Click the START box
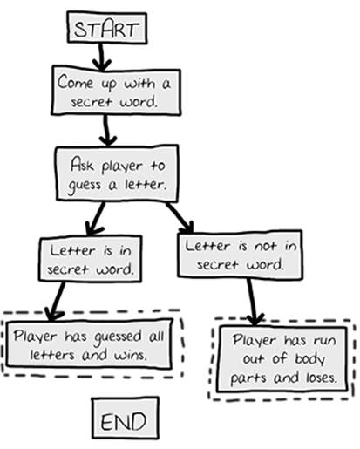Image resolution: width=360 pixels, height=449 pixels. coord(107,28)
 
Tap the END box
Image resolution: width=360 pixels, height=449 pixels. coord(126,418)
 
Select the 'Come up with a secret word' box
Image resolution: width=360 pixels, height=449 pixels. coord(116,92)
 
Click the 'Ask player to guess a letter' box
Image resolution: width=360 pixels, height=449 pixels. coord(117,173)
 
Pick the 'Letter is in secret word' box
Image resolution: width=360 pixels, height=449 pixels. coord(91,259)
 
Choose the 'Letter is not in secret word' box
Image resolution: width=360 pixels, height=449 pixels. coord(240,255)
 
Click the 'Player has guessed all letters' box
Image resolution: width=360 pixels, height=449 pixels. coord(89,344)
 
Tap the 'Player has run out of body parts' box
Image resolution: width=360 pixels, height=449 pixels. coord(282,358)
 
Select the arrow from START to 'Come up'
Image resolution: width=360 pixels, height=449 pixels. coord(101,57)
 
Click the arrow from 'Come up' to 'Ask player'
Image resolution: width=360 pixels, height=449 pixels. coord(107,130)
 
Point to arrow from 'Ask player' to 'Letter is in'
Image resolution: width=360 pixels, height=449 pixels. coord(96,219)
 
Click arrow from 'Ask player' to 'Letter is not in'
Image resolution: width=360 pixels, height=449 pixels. coord(180,217)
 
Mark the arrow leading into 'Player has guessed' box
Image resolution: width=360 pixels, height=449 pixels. coord(56,302)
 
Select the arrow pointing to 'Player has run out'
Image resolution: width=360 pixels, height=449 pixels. coord(252,302)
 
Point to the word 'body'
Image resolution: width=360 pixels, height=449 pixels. coord(309,359)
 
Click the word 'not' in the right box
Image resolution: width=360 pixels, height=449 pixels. coord(265,247)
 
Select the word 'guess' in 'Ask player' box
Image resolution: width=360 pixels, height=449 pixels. coord(85,186)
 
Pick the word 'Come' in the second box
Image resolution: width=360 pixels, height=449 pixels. coord(76,82)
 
